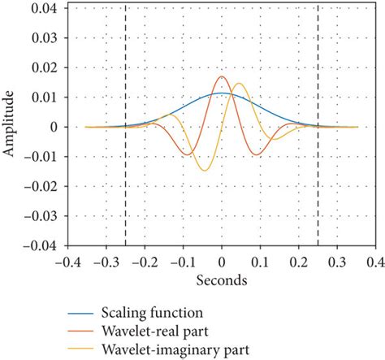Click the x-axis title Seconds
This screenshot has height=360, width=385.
coord(222,278)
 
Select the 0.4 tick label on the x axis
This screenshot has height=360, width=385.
coord(375,262)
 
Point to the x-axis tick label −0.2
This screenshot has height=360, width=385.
coord(143,262)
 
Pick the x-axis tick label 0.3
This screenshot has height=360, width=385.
coord(336,262)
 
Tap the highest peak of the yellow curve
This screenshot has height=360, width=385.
coord(240,83)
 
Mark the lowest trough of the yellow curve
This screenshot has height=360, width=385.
coord(204,170)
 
